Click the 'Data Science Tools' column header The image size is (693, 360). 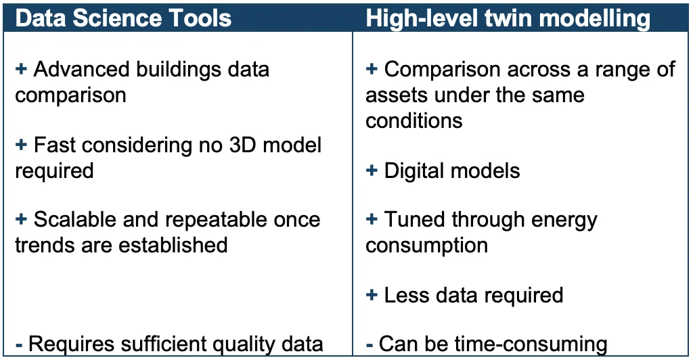(x=123, y=18)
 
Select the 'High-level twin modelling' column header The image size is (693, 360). (x=508, y=18)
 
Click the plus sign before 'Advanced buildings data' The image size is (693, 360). (x=21, y=69)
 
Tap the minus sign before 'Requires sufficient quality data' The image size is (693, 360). (x=18, y=344)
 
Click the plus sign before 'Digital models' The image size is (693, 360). (x=372, y=171)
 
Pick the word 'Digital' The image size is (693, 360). (x=415, y=171)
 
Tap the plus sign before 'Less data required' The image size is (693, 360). (x=372, y=294)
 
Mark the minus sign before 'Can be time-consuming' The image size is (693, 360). (x=370, y=344)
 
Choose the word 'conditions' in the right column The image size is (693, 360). (x=413, y=120)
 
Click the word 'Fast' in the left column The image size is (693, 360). (x=55, y=145)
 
